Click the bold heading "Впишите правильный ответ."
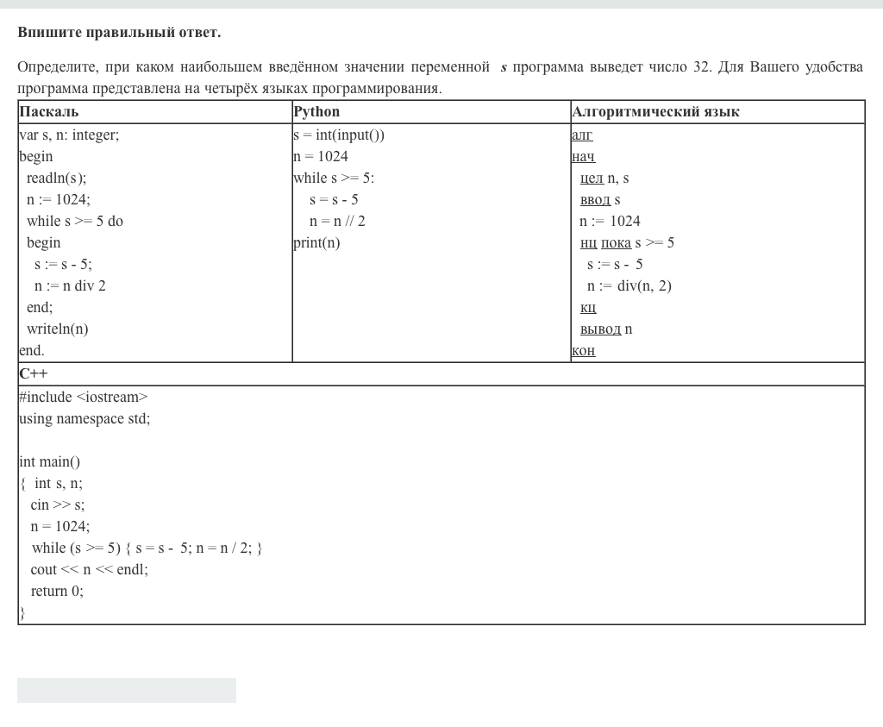point(119,33)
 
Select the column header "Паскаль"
point(49,112)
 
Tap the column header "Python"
point(316,112)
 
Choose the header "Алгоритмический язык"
point(655,112)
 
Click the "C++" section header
point(34,374)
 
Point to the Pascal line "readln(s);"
point(56,179)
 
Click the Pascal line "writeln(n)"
point(57,329)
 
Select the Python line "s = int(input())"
point(339,135)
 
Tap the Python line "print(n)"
point(316,243)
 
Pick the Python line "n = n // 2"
point(337,222)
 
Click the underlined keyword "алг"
point(582,135)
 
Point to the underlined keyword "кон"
point(583,351)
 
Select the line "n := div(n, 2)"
point(629,286)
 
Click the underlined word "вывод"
point(600,329)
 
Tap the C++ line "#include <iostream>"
point(83,398)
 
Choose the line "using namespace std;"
point(85,419)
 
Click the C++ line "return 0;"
point(57,592)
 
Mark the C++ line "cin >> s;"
point(57,505)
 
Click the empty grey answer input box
point(127,690)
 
